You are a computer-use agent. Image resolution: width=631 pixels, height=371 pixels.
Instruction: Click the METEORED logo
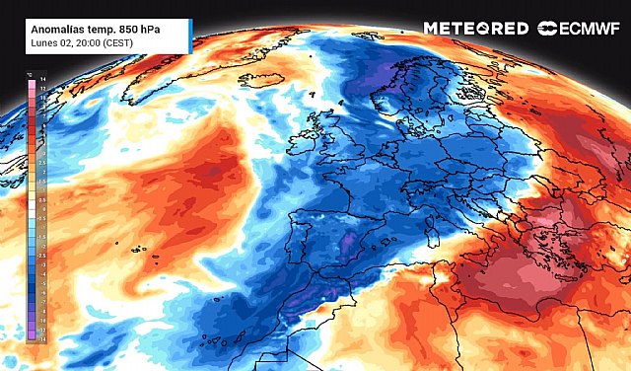point(475,29)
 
